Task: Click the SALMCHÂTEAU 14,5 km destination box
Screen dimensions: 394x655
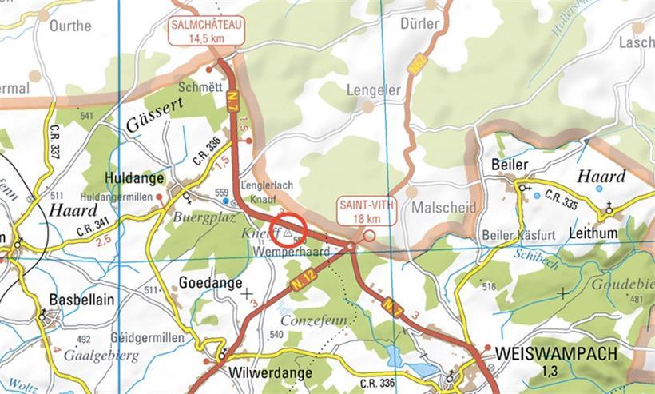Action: point(206,31)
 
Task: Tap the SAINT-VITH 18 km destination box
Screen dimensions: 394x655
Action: point(360,210)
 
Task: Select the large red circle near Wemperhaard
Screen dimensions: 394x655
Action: point(289,230)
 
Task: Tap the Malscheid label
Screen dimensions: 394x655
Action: point(444,208)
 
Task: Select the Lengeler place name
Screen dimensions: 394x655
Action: point(373,91)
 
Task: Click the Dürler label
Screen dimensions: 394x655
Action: point(419,25)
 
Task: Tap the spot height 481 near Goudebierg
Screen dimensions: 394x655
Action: point(636,300)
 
